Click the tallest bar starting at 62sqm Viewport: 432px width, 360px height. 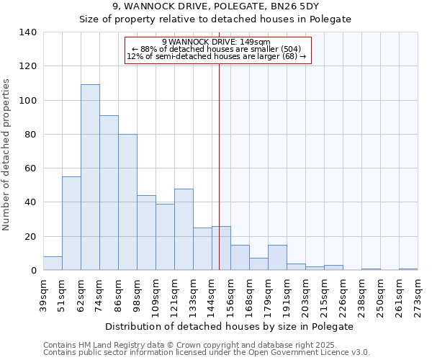[90, 177]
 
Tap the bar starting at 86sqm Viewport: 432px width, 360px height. [127, 202]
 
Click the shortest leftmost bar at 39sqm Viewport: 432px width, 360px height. [53, 264]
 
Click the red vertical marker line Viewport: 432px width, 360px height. [220, 166]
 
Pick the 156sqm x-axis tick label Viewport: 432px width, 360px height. [230, 295]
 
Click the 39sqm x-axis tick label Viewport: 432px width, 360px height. [43, 295]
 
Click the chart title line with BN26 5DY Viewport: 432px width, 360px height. [216, 6]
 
